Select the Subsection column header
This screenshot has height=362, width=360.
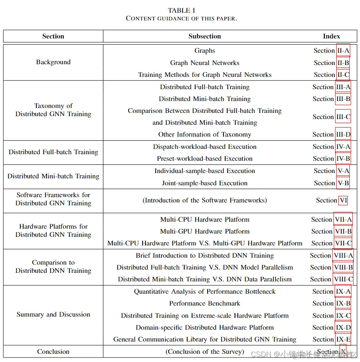point(204,36)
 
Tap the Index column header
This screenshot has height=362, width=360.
point(331,36)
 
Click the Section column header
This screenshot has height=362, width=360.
point(53,36)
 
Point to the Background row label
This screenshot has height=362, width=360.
point(53,62)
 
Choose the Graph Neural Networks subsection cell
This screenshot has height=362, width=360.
point(204,63)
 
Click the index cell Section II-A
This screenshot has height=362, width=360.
point(331,51)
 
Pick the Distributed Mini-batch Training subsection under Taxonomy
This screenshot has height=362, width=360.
point(204,99)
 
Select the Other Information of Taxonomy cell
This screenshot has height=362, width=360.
point(204,135)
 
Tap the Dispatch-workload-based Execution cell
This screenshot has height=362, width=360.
point(204,147)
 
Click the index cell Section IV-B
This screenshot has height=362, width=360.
point(331,159)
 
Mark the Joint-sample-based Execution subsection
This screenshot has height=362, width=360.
point(204,183)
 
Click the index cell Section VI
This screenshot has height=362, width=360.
point(331,200)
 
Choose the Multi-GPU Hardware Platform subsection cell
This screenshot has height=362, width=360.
point(204,232)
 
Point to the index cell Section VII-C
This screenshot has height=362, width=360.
point(331,243)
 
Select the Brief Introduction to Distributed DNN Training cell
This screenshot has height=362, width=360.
point(204,256)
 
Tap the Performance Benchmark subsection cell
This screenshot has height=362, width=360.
point(204,304)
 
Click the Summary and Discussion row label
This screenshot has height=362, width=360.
point(53,315)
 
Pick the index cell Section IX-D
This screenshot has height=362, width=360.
point(331,328)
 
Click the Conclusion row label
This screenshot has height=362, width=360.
point(53,352)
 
